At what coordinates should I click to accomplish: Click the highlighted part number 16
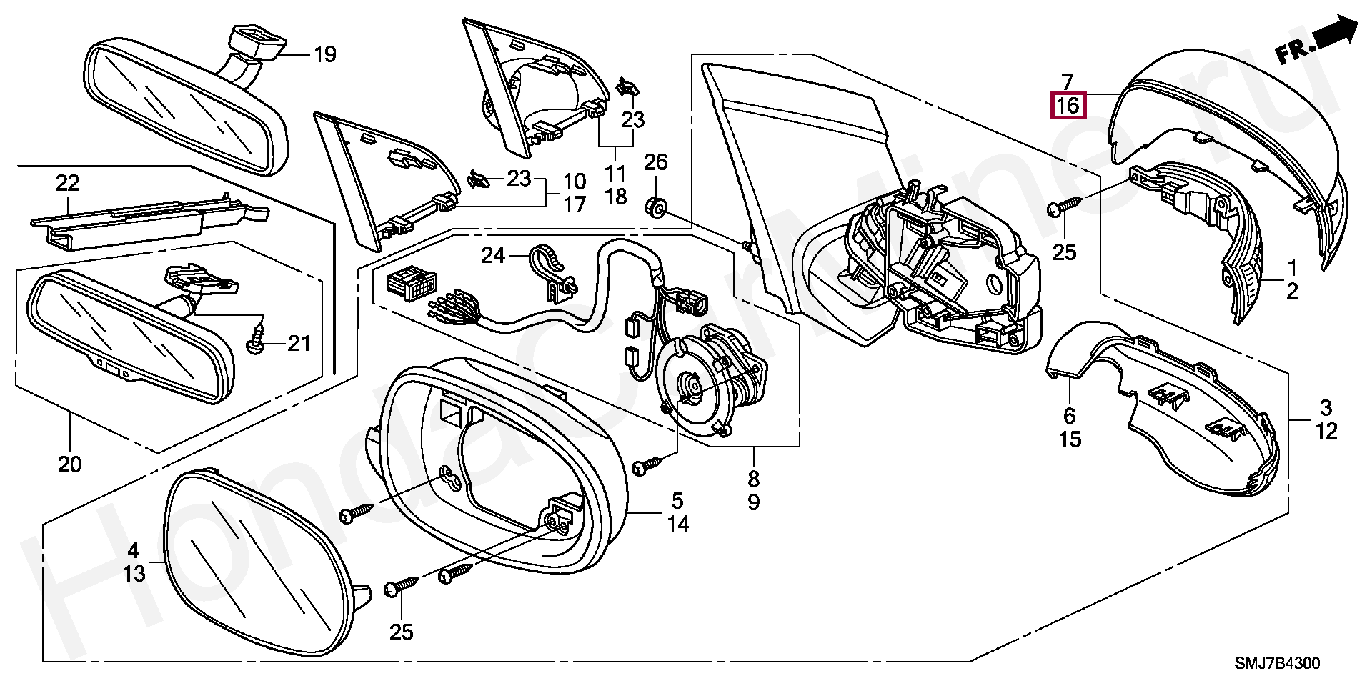pyautogui.click(x=1068, y=106)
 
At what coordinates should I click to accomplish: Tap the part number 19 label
pyautogui.click(x=324, y=54)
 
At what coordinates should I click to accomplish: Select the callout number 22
pyautogui.click(x=68, y=183)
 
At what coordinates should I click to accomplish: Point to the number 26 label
pyautogui.click(x=655, y=162)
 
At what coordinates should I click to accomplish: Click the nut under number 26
pyautogui.click(x=655, y=208)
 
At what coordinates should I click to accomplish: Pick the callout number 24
pyautogui.click(x=493, y=255)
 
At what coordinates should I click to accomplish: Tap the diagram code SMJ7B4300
pyautogui.click(x=1278, y=663)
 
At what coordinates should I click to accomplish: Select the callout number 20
pyautogui.click(x=70, y=464)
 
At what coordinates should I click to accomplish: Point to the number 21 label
pyautogui.click(x=299, y=344)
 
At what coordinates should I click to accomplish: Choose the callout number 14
pyautogui.click(x=677, y=524)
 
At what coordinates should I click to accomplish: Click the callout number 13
pyautogui.click(x=134, y=573)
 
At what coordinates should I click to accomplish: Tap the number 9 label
pyautogui.click(x=754, y=502)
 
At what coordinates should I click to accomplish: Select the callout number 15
pyautogui.click(x=1070, y=439)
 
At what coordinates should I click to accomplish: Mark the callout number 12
pyautogui.click(x=1326, y=431)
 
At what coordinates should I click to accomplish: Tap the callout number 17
pyautogui.click(x=575, y=204)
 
